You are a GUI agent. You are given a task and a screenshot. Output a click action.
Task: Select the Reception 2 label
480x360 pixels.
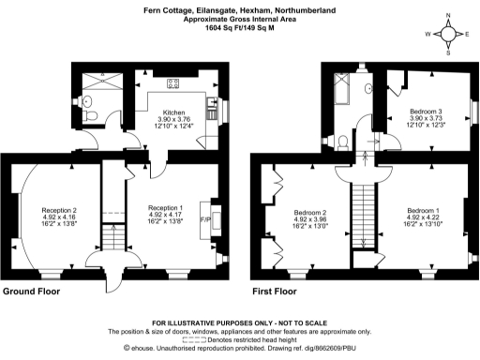(58, 209)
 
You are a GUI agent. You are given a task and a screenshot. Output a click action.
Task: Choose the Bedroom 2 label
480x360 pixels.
(310, 212)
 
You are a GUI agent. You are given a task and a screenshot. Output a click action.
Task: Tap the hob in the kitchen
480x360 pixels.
(173, 83)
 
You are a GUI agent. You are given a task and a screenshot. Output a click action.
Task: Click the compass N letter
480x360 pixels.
(448, 16)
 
